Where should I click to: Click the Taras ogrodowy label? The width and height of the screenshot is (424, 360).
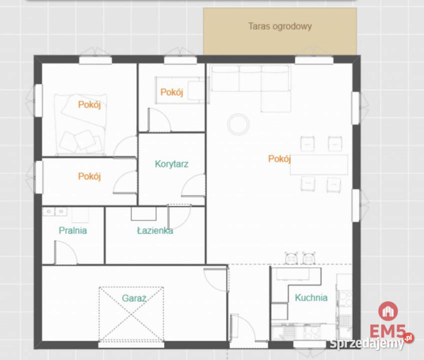point(280,26)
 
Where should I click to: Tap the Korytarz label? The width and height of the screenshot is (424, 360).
point(171,164)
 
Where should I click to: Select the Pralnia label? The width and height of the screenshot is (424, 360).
point(73,230)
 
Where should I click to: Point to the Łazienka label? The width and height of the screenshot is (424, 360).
point(155,230)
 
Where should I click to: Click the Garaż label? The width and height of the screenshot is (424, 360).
point(134,298)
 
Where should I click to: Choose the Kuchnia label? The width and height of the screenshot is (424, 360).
point(311,297)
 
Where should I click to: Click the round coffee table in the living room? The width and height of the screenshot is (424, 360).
point(238,124)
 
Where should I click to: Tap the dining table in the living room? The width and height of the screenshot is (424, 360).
point(319,165)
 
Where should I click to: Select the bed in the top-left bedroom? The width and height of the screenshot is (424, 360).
point(80,124)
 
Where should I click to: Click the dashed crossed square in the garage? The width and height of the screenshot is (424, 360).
point(131,314)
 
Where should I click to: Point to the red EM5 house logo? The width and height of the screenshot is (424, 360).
point(388,311)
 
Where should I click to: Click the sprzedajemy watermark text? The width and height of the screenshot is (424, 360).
point(367,343)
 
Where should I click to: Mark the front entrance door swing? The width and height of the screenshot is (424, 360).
point(243,328)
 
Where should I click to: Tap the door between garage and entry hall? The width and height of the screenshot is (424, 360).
point(216,280)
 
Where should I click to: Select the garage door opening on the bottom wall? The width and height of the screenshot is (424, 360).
point(131,345)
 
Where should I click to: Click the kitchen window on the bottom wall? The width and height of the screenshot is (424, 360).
point(310,344)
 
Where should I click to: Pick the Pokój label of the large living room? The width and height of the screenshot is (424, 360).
point(279,158)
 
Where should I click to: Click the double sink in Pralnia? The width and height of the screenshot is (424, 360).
point(55,211)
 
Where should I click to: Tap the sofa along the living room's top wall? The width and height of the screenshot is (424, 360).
point(251,78)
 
